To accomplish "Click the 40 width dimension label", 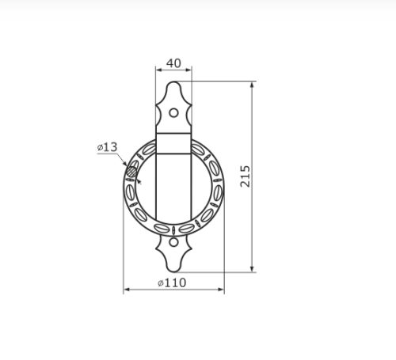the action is [173, 63].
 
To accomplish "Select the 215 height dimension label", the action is [246, 176].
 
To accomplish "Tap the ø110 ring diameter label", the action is [172, 283].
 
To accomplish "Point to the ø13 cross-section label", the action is [107, 147].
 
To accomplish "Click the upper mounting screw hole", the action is [173, 113].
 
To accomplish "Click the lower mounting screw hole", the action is [173, 242].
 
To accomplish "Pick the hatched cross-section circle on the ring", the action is [131, 172].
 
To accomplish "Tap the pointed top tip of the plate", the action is [173, 82].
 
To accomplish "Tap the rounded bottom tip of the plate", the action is [173, 271].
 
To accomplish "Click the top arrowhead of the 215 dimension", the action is [252, 85].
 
